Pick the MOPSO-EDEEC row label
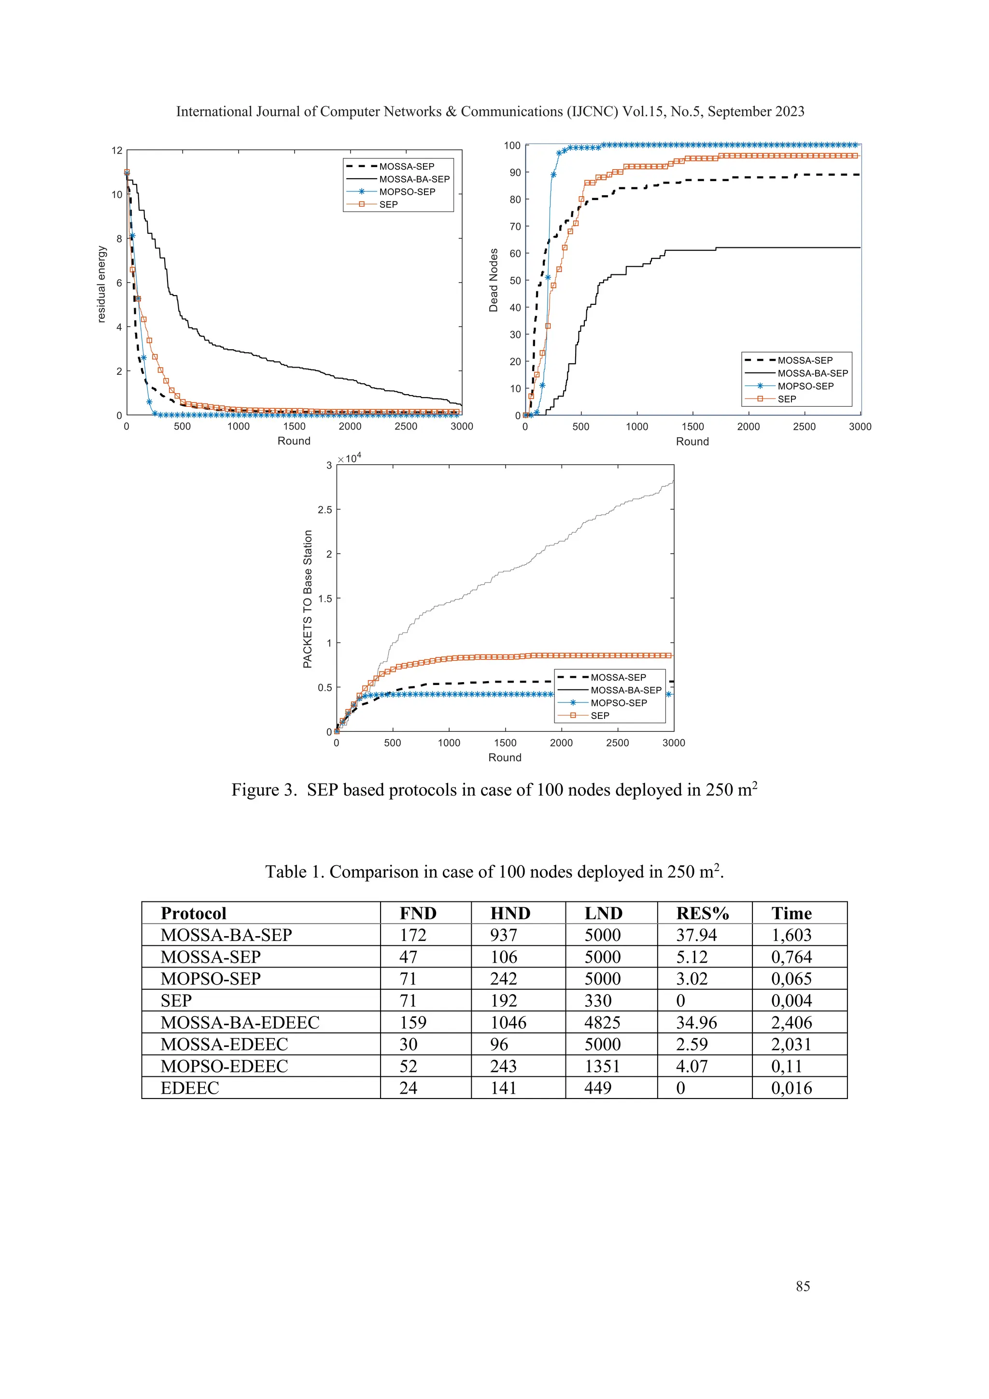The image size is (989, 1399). [x=224, y=1066]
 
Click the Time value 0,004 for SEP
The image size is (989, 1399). [x=791, y=1000]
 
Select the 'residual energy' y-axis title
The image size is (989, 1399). [x=102, y=284]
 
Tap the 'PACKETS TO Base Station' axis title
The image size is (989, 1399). [x=308, y=599]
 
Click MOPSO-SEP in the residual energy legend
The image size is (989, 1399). [x=407, y=191]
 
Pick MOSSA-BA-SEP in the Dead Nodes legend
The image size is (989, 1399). [x=812, y=373]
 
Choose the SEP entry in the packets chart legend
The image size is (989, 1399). [x=599, y=715]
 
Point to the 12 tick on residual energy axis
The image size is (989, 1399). [x=117, y=151]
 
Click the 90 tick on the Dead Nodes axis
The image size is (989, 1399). [x=515, y=172]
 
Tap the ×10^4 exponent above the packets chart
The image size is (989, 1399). [x=350, y=457]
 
